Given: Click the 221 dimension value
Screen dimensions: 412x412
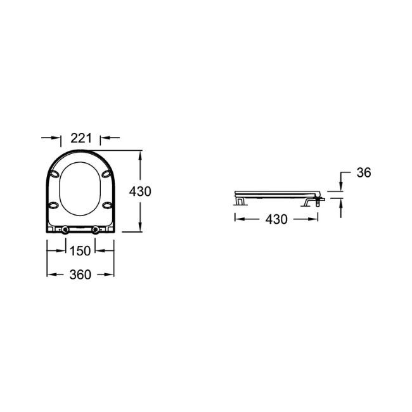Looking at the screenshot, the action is coord(81,138).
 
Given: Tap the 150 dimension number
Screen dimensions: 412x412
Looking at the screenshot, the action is coord(80,251).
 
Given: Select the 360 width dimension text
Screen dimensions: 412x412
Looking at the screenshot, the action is coord(80,274).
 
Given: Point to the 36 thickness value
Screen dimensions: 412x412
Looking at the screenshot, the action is coord(364,172).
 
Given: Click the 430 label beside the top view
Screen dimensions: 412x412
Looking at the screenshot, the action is coord(140,191).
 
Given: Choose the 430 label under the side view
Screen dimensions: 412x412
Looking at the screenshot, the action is coord(276,219).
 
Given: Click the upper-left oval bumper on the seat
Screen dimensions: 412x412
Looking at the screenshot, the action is coord(55,174).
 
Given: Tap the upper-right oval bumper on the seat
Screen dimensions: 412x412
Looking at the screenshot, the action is coord(106,174).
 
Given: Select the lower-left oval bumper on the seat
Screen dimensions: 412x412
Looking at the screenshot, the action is coord(53,205).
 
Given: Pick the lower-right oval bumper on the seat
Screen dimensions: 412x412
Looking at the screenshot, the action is coord(107,205).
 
